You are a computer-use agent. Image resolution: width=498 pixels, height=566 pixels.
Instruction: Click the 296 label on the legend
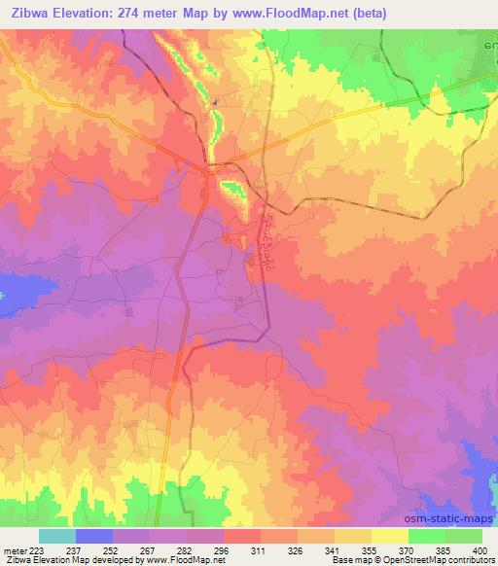coord(224,550)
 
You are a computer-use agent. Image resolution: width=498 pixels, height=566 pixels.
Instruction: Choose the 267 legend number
coord(150,550)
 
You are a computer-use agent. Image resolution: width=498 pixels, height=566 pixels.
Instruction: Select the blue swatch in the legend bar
coord(94,536)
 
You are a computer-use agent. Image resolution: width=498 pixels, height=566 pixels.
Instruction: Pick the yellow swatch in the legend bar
coord(389,536)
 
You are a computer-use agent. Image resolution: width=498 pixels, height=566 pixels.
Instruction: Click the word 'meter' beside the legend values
coord(12,550)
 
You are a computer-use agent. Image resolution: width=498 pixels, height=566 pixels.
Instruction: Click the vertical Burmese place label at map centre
coord(267,243)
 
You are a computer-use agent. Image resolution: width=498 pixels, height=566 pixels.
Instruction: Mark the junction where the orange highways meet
coord(210,169)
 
